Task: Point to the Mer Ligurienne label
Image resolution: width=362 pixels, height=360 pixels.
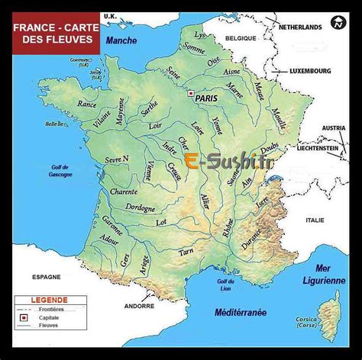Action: (329, 275)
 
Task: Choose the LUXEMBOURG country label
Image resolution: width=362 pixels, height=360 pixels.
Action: (310, 71)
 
